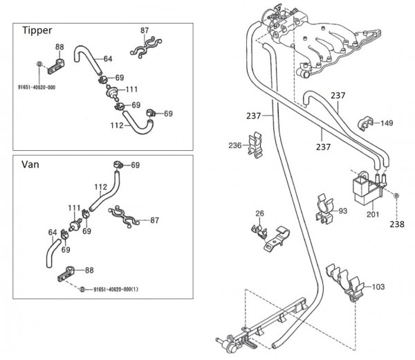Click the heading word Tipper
[x=37, y=30]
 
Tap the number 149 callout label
[x=385, y=123]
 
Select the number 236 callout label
[x=235, y=145]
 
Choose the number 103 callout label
[x=378, y=285]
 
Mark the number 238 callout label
[x=396, y=224]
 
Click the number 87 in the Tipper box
[x=144, y=30]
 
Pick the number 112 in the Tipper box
[x=117, y=125]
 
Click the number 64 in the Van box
[x=53, y=233]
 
